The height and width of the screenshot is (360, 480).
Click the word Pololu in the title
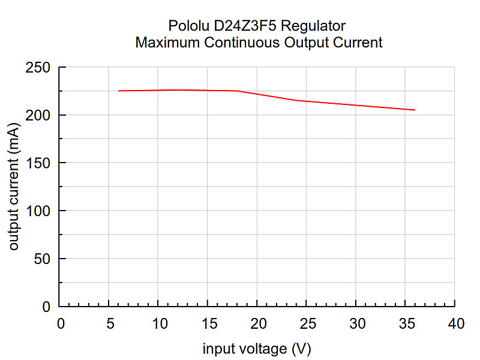tap(188, 26)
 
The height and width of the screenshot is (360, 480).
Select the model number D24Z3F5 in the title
tap(245, 26)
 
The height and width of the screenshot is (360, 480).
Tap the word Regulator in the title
tap(313, 26)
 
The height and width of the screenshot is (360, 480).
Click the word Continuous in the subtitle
tap(242, 42)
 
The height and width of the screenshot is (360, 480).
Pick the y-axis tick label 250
tap(38, 67)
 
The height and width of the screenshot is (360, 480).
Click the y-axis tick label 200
tap(38, 115)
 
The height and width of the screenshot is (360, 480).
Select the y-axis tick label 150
tap(38, 163)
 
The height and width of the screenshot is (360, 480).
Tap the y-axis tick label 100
tap(38, 211)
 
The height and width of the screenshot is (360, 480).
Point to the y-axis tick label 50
tap(42, 259)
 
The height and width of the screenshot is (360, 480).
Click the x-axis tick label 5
tap(110, 323)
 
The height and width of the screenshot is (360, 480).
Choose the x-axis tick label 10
tap(160, 323)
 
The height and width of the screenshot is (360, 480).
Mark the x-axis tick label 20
tap(259, 323)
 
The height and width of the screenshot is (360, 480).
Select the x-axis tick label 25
tap(308, 323)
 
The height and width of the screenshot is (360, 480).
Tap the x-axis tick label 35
tap(407, 323)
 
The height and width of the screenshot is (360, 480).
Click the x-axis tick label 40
tap(456, 323)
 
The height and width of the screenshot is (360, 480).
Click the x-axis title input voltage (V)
tap(257, 349)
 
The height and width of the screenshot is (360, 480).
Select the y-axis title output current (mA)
tap(14, 187)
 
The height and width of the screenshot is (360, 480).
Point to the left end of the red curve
tap(118, 91)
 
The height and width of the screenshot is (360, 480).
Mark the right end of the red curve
tap(415, 110)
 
